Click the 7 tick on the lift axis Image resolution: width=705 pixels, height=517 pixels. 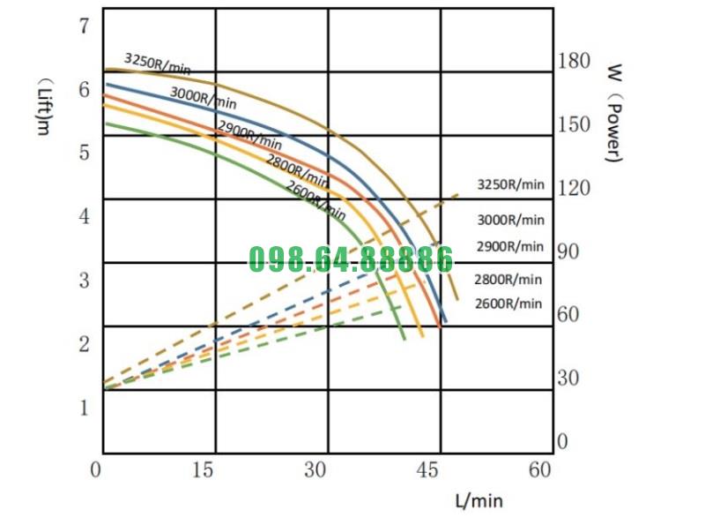[x=85, y=26]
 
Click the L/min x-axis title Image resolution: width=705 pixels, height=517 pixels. [x=479, y=500]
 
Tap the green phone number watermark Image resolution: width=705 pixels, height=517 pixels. [x=351, y=259]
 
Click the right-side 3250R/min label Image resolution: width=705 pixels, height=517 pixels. [x=511, y=185]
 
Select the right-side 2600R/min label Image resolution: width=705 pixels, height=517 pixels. [x=508, y=303]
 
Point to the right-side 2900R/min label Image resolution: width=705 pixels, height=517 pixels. [x=510, y=246]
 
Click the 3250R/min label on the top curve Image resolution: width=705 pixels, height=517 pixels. [x=157, y=63]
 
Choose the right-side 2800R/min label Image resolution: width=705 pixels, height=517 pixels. [x=508, y=280]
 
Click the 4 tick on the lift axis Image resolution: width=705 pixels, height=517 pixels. [x=85, y=216]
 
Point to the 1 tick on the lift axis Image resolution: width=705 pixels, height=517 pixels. [x=85, y=408]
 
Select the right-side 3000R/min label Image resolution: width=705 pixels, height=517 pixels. [x=510, y=220]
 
